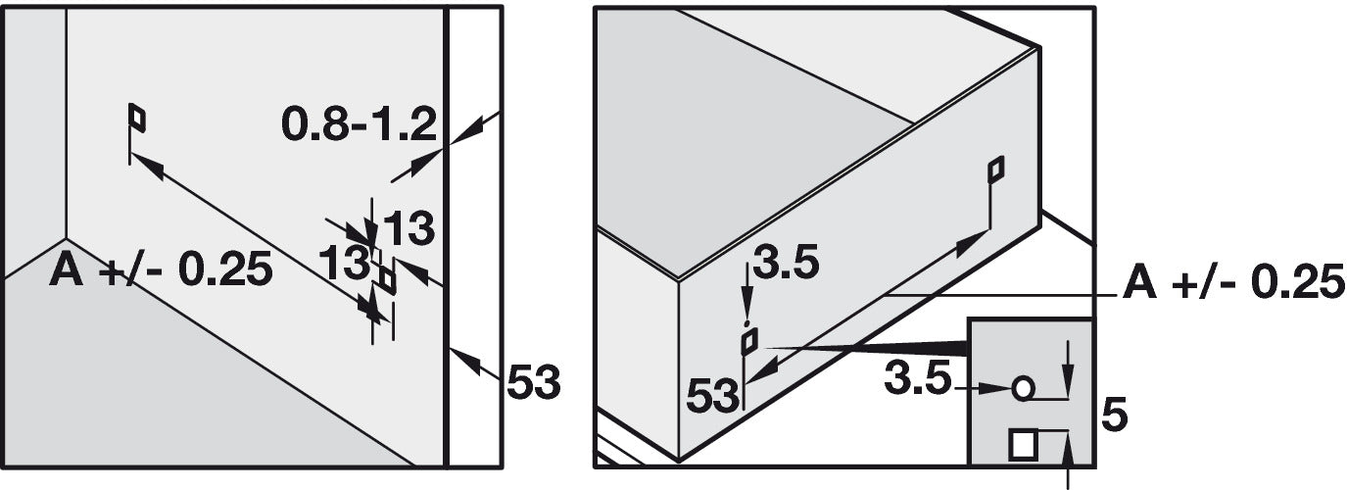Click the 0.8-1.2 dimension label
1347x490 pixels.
(x=359, y=125)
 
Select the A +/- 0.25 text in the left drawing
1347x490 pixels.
(x=162, y=269)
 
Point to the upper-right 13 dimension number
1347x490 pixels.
(x=409, y=228)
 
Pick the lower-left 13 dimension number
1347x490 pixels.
(x=344, y=263)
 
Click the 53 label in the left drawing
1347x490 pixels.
(x=534, y=381)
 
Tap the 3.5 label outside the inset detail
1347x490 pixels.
(x=786, y=263)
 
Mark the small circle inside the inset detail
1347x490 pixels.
(x=1023, y=388)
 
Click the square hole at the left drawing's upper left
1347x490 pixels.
(x=138, y=118)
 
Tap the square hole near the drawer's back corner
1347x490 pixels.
(x=996, y=170)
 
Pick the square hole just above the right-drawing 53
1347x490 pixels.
(x=749, y=341)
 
